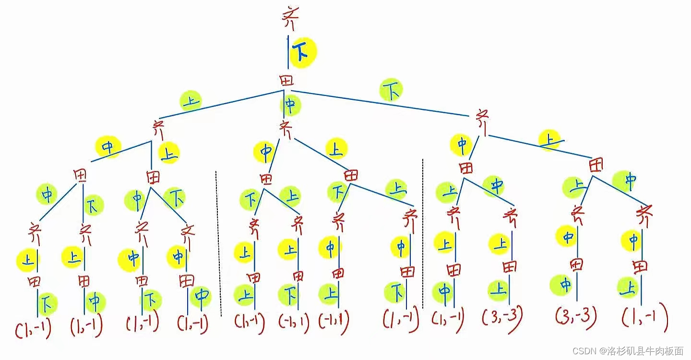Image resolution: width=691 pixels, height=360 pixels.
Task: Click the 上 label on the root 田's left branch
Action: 191,101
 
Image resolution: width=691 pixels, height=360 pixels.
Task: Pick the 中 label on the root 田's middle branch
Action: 290,105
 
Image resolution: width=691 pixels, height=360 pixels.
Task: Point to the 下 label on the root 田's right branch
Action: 391,91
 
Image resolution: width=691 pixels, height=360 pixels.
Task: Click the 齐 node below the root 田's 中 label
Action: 286,130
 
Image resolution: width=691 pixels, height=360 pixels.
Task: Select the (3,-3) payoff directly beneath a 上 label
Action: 502,316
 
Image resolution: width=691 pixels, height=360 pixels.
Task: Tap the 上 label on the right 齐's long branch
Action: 550,140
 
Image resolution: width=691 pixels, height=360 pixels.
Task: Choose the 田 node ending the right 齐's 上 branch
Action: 596,166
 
